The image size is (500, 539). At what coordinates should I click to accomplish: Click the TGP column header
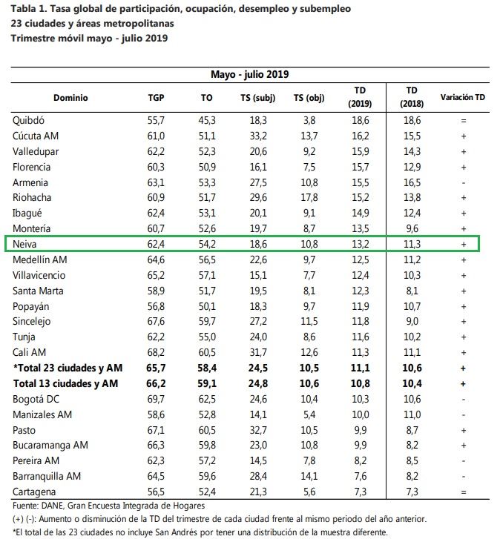pyautogui.click(x=156, y=98)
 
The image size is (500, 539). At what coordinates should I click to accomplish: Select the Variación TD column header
pyautogui.click(x=462, y=97)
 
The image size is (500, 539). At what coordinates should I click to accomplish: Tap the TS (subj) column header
pyautogui.click(x=258, y=98)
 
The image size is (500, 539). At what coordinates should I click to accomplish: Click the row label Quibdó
pyautogui.click(x=28, y=120)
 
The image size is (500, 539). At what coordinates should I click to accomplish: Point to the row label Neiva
pyautogui.click(x=24, y=244)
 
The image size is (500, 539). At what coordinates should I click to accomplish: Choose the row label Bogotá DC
pyautogui.click(x=36, y=399)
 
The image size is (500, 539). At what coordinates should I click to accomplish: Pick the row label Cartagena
pyautogui.click(x=34, y=492)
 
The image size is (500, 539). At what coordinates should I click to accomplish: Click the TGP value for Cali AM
pyautogui.click(x=156, y=352)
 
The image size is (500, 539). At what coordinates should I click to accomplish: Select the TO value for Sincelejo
pyautogui.click(x=207, y=322)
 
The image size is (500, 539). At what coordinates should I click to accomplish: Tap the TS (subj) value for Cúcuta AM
pyautogui.click(x=258, y=136)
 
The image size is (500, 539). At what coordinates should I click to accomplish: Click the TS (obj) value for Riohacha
pyautogui.click(x=309, y=198)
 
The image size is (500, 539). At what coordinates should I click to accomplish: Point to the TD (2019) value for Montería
pyautogui.click(x=361, y=228)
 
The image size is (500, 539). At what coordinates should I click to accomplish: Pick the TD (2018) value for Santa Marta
pyautogui.click(x=412, y=291)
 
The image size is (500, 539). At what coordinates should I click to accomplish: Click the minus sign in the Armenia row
pyautogui.click(x=464, y=183)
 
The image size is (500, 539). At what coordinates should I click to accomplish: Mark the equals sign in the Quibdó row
pyautogui.click(x=464, y=121)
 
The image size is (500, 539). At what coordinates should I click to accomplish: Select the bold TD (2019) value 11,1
pyautogui.click(x=361, y=368)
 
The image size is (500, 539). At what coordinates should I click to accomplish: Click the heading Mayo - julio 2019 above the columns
pyautogui.click(x=250, y=74)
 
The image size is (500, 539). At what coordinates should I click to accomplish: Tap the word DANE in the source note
pyautogui.click(x=52, y=506)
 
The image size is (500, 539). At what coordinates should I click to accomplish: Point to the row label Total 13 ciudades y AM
pyautogui.click(x=66, y=383)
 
